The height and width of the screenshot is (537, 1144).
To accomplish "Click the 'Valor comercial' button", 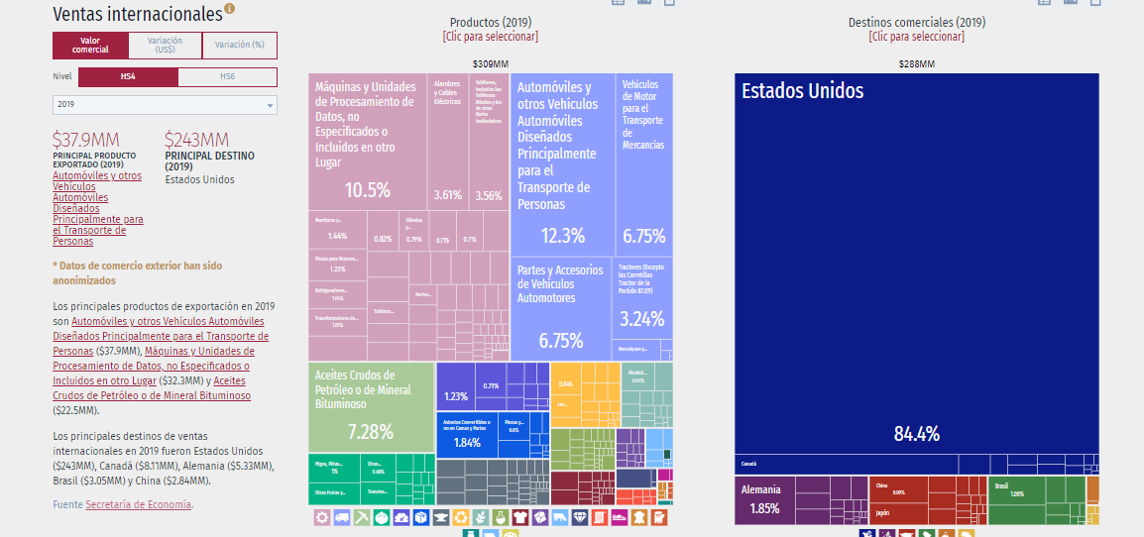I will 90,46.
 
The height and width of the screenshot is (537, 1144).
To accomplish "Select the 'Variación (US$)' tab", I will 165,46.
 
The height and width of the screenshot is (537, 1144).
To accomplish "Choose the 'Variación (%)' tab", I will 239,46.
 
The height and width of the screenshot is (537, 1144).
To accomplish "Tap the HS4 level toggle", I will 128,77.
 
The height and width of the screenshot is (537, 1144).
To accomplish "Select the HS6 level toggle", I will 227,77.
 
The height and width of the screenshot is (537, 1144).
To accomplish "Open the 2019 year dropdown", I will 165,105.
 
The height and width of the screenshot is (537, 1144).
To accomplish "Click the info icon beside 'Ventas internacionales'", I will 230,10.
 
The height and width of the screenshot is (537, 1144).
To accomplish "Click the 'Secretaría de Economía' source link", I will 138,505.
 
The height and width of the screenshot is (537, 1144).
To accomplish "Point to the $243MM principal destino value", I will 196,140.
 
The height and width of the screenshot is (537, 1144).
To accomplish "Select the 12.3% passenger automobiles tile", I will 562,236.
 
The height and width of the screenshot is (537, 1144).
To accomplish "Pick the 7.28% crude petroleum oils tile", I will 370,432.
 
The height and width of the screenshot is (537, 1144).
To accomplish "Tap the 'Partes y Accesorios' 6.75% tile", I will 561,341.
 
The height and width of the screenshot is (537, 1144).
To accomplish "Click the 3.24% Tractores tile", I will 642,319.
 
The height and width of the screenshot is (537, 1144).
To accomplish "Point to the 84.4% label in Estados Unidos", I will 916,434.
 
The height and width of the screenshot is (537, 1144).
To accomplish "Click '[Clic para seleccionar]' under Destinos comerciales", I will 916,37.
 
